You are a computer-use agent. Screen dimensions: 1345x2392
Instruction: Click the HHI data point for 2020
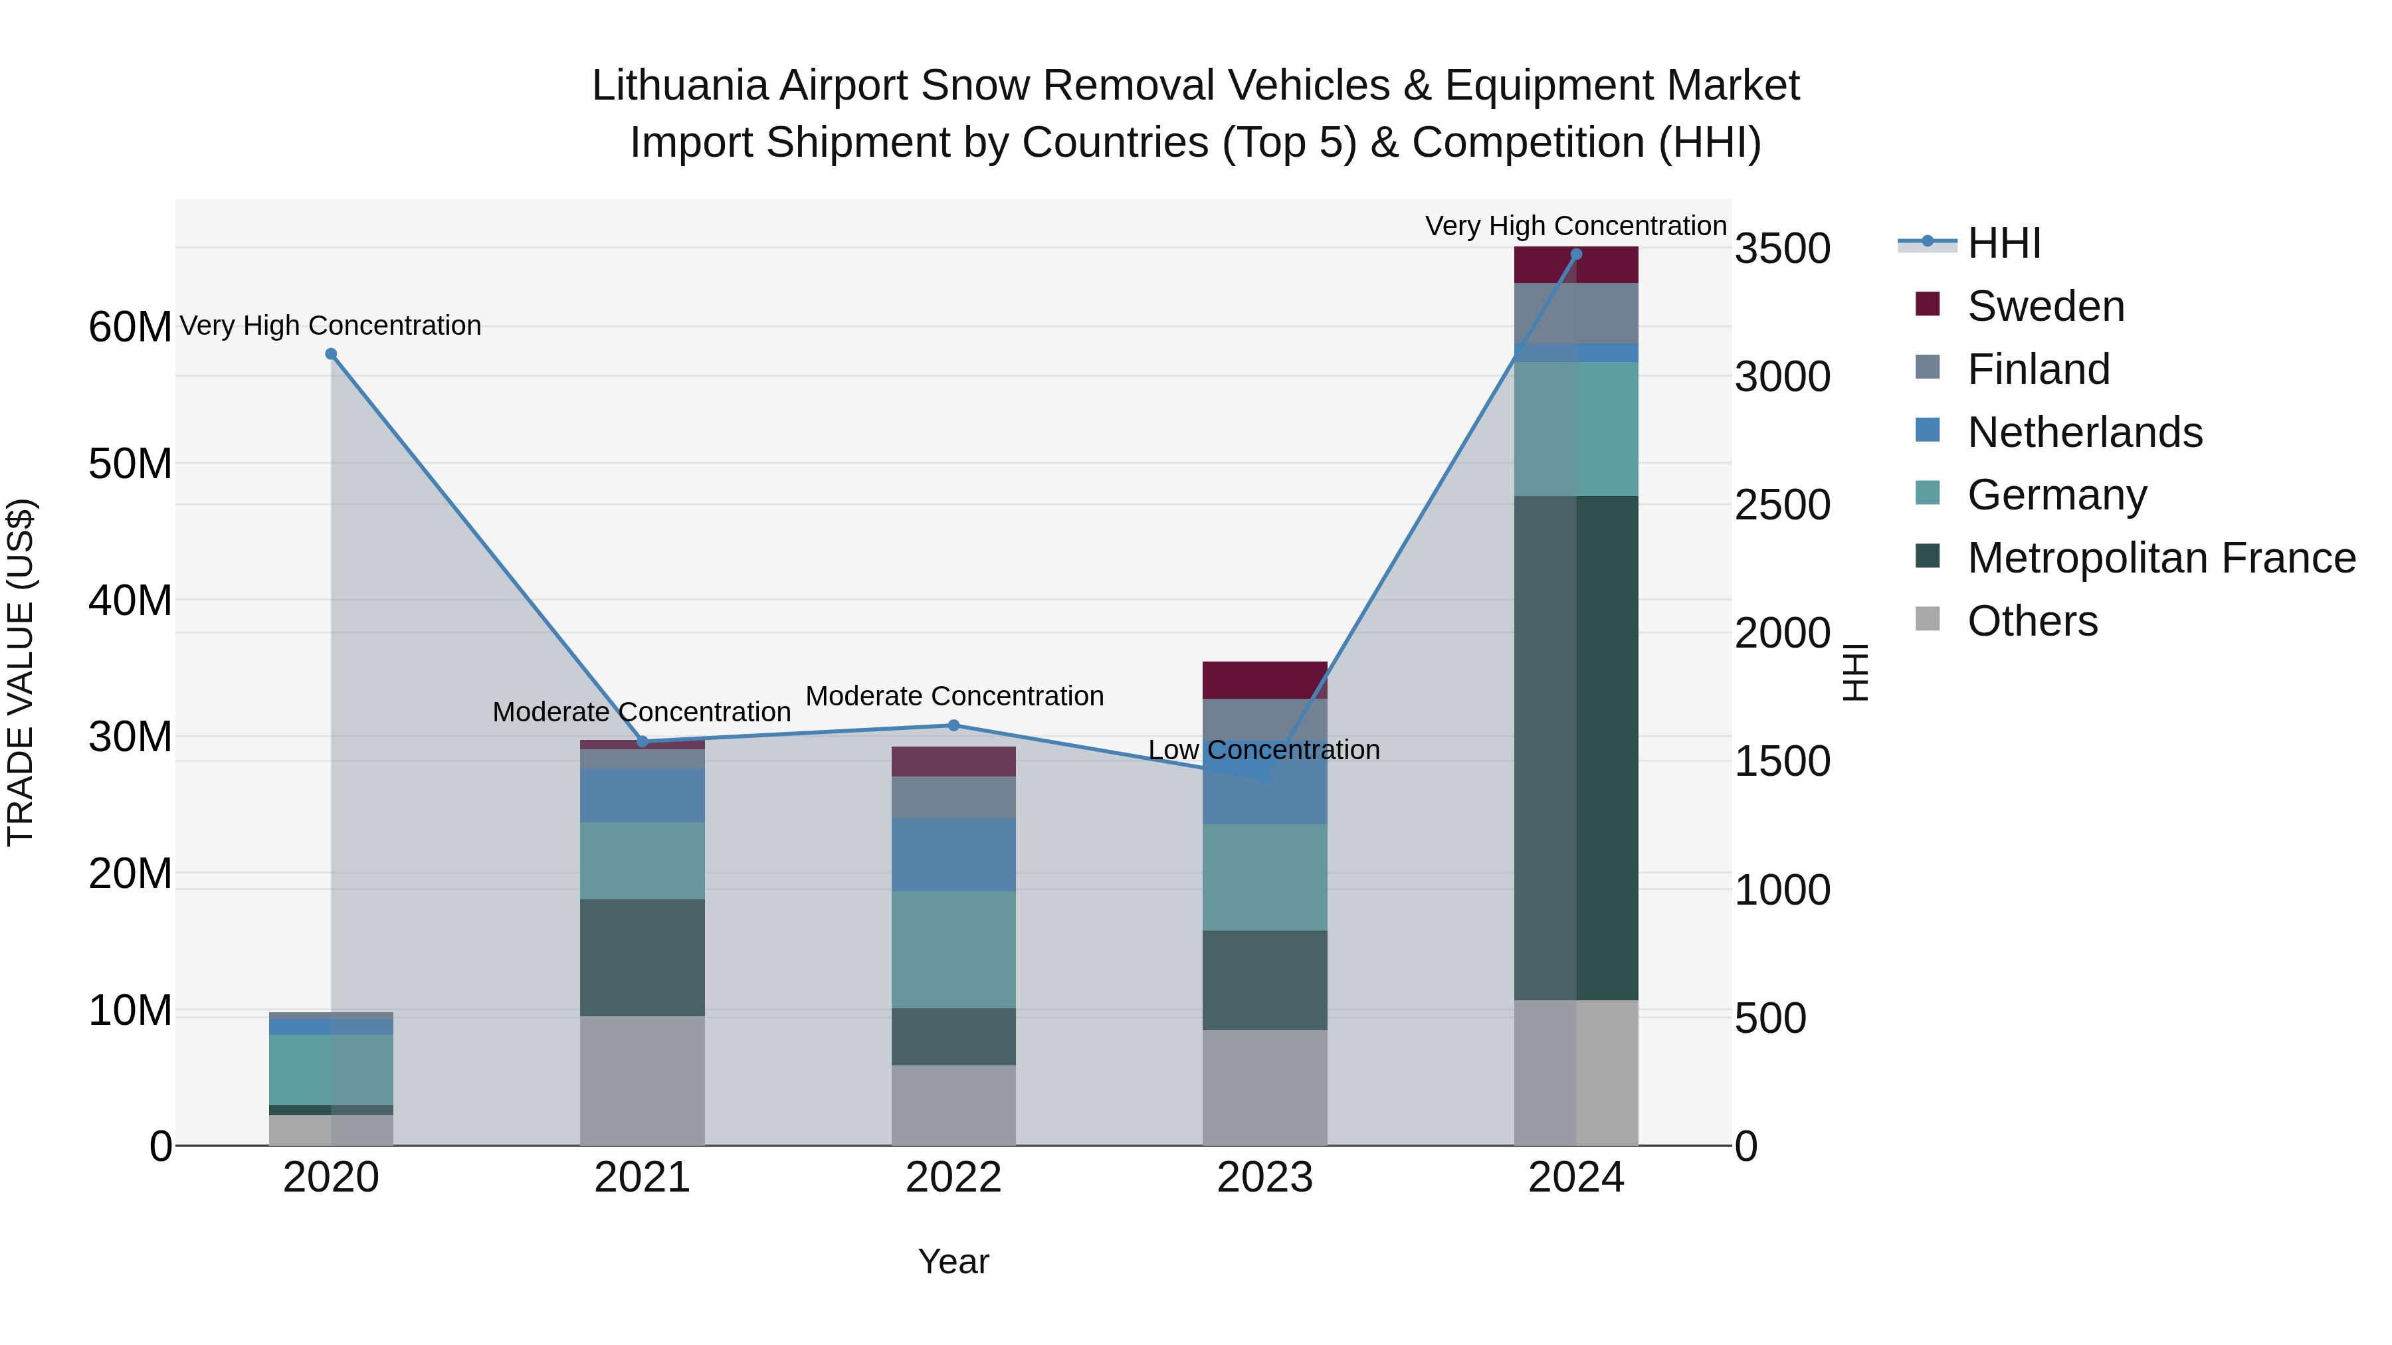coord(331,353)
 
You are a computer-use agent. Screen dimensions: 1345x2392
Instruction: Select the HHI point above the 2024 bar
coord(1576,254)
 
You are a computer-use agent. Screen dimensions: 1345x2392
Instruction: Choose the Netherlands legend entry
coord(2084,432)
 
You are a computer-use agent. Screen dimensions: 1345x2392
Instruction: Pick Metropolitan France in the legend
coord(2161,559)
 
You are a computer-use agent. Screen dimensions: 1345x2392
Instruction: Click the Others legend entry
coord(2032,621)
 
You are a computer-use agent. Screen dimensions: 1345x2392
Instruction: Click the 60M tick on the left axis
coord(130,327)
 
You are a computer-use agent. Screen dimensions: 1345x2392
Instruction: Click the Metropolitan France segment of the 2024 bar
coord(1576,747)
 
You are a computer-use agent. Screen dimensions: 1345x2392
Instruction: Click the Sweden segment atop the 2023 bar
coord(1264,679)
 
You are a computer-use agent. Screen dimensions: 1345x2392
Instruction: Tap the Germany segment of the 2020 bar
coord(331,1069)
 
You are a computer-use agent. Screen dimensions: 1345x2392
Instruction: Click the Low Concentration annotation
coord(1264,750)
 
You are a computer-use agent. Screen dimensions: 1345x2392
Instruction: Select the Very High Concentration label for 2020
coord(331,326)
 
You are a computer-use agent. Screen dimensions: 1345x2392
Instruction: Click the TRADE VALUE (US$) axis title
coord(21,672)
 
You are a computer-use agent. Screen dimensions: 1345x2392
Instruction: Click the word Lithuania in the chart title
coord(679,86)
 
